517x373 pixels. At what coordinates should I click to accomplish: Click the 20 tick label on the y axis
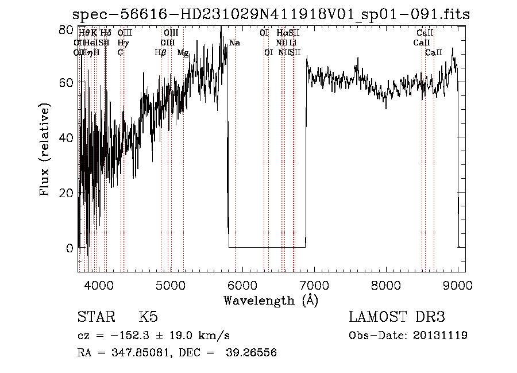point(67,193)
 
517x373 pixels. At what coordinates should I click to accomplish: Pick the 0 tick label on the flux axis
point(70,248)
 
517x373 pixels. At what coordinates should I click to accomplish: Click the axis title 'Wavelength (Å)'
point(271,300)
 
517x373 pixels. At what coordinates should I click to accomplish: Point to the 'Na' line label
point(234,43)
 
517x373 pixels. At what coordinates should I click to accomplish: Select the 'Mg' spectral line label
point(183,53)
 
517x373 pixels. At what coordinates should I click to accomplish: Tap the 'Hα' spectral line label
point(281,33)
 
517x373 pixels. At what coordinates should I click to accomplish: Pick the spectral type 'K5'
point(148,317)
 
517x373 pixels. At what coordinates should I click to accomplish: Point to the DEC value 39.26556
point(253,352)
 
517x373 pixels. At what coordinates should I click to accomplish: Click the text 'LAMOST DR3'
point(397,317)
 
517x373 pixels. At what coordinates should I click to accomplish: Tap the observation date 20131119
point(441,336)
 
